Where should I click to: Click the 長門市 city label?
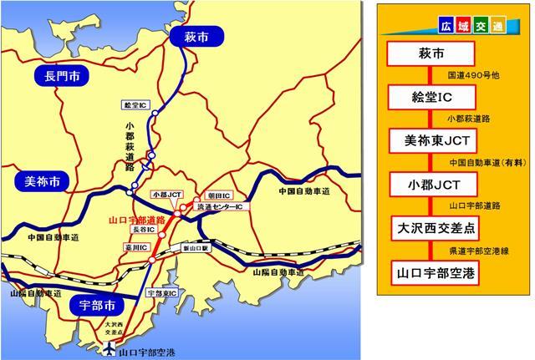tap(57, 78)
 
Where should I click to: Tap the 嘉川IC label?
tap(138, 248)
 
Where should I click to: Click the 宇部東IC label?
tap(158, 292)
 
